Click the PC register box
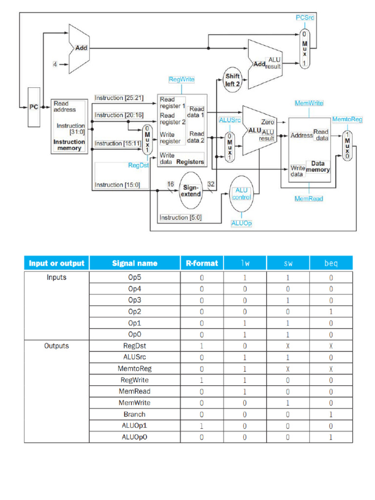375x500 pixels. click(34, 107)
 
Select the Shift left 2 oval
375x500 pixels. click(232, 80)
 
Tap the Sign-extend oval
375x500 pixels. click(191, 190)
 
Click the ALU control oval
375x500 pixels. click(241, 193)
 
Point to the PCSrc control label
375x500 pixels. click(305, 18)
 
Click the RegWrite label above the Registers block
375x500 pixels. click(182, 79)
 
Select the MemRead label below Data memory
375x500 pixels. click(309, 199)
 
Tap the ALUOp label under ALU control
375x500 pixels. click(241, 223)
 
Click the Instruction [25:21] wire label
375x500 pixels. click(119, 98)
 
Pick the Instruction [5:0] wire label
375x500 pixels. click(181, 217)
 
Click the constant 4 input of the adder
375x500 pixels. click(55, 64)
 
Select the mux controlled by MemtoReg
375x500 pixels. click(347, 146)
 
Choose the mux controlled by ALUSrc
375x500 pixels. click(229, 146)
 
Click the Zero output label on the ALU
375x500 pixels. click(268, 122)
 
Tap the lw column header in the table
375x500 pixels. click(245, 263)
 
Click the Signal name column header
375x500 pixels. click(135, 263)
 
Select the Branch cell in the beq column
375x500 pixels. click(331, 414)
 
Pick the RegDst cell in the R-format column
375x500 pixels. click(202, 346)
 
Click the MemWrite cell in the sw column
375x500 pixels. click(288, 403)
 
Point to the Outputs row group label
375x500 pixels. click(57, 346)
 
